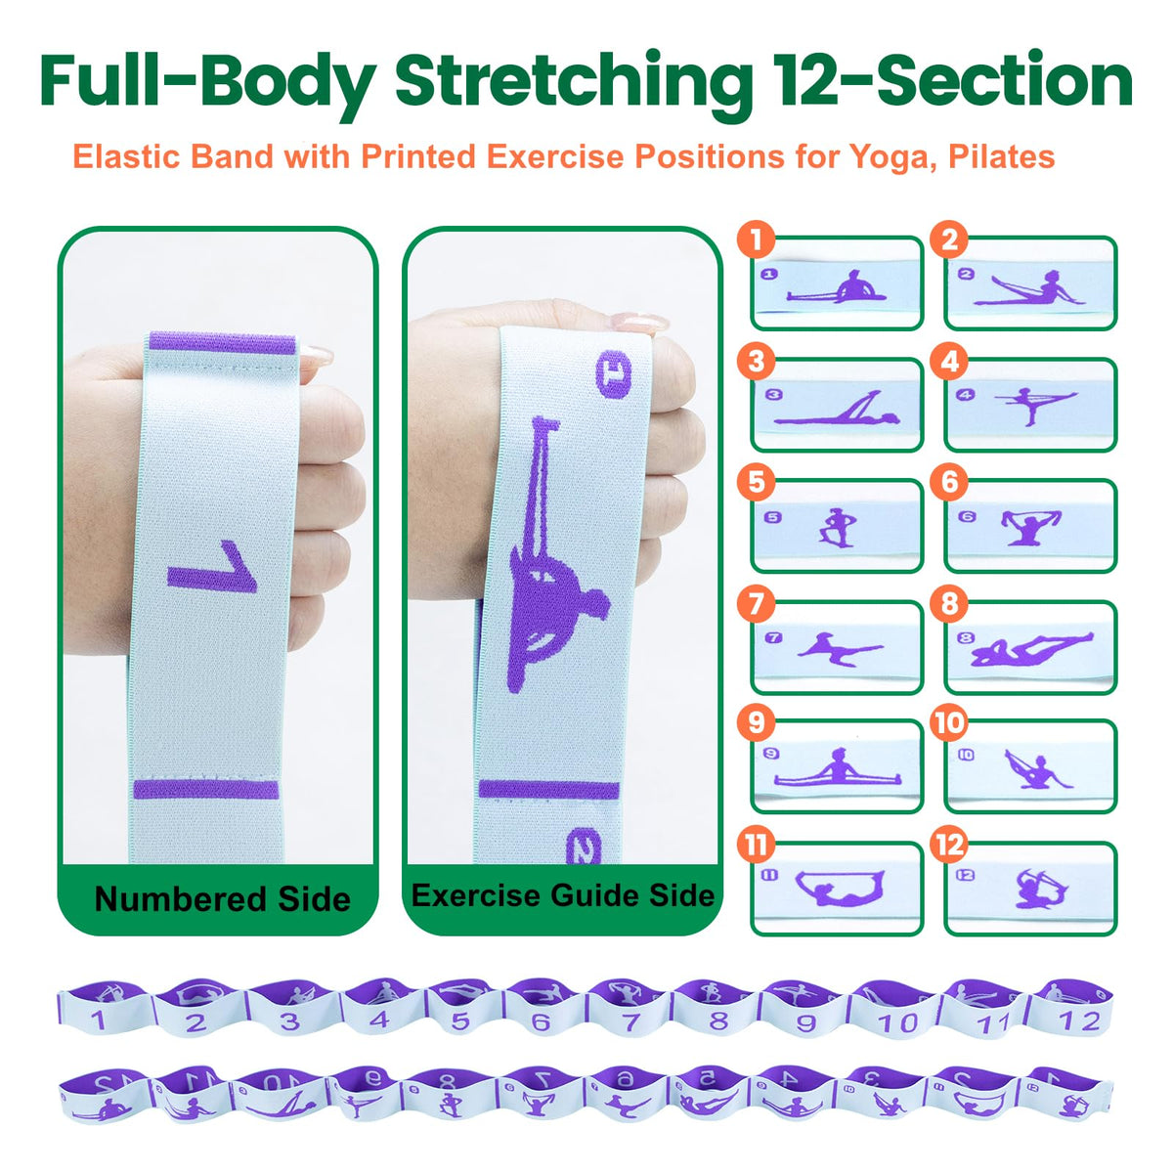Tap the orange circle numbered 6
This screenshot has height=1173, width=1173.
[949, 483]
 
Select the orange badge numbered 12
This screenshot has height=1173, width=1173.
[949, 845]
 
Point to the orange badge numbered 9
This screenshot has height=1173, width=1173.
[756, 723]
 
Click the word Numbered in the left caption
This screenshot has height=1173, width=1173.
[180, 898]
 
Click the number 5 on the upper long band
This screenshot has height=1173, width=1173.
[460, 1021]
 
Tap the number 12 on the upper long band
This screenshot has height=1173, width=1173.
[1080, 1021]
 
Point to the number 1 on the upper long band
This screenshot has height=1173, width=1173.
[98, 1021]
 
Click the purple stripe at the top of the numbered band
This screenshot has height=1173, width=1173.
[223, 343]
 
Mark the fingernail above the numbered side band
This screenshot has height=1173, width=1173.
[317, 355]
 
